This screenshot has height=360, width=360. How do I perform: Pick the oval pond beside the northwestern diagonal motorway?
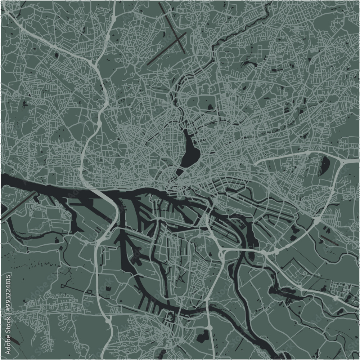(57, 55)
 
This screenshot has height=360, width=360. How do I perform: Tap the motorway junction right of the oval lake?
(342, 162)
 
